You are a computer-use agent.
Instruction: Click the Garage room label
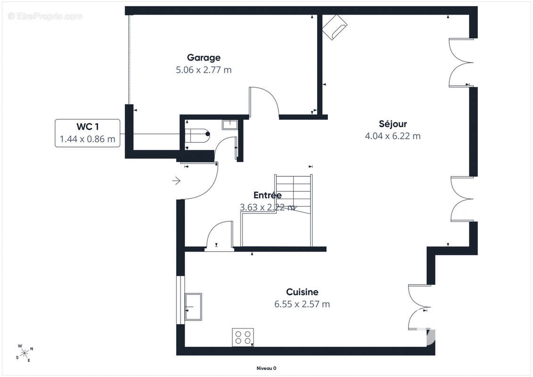pyautogui.click(x=204, y=58)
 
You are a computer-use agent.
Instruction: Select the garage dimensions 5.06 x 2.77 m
pyautogui.click(x=204, y=70)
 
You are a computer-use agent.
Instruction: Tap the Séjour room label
pyautogui.click(x=393, y=124)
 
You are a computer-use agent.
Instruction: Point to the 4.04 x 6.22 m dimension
pyautogui.click(x=393, y=136)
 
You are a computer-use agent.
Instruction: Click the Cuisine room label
pyautogui.click(x=302, y=292)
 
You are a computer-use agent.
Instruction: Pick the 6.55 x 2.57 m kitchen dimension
pyautogui.click(x=302, y=304)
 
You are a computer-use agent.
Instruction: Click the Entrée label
pyautogui.click(x=268, y=195)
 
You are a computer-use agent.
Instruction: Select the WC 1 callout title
pyautogui.click(x=88, y=126)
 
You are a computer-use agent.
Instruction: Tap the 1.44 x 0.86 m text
pyautogui.click(x=88, y=139)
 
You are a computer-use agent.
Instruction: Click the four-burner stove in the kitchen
pyautogui.click(x=243, y=337)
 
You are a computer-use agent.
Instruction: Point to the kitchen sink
pyautogui.click(x=193, y=307)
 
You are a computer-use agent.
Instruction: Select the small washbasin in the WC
pyautogui.click(x=230, y=124)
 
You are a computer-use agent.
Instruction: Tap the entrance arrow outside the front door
pyautogui.click(x=176, y=181)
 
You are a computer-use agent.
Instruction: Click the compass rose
pyautogui.click(x=25, y=353)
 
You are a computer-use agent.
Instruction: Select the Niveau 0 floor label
pyautogui.click(x=267, y=368)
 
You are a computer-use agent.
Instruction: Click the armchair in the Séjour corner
pyautogui.click(x=335, y=27)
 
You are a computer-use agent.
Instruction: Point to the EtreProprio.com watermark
pyautogui.click(x=45, y=16)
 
